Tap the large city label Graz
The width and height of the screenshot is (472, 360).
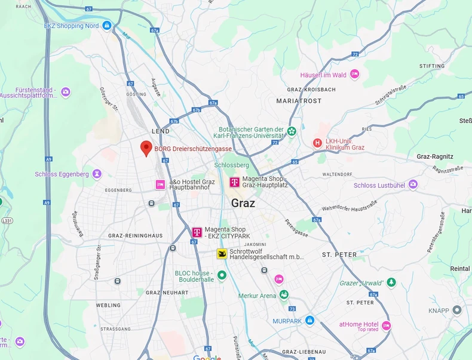coord(243,203)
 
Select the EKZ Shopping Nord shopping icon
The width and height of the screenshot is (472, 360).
coord(106,25)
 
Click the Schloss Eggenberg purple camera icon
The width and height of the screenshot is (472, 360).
coord(97,174)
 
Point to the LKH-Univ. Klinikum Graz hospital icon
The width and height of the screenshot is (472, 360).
coord(318,143)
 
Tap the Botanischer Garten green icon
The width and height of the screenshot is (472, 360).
coord(292,131)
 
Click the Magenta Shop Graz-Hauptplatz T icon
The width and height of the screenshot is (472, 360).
coord(234,182)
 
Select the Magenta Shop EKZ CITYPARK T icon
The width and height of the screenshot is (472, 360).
coord(197,232)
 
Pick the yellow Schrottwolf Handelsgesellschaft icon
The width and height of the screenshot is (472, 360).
coord(222,254)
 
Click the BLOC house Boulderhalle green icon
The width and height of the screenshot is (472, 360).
coord(222,275)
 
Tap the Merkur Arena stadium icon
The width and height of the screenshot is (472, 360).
coord(284,295)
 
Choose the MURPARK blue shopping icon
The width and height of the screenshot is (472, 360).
coord(309,320)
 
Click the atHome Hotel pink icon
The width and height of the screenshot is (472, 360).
coord(387,325)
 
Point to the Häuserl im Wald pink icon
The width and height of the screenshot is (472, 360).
coord(355,75)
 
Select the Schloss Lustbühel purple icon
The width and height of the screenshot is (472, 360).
coord(413,185)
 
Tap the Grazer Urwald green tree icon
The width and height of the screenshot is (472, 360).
coord(391,282)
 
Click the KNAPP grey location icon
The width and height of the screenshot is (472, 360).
coord(457,310)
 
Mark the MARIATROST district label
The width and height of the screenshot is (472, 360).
coord(299,101)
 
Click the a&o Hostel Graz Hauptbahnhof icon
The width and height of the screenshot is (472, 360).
coord(160,184)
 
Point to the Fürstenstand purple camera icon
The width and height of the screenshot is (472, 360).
coord(66,92)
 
